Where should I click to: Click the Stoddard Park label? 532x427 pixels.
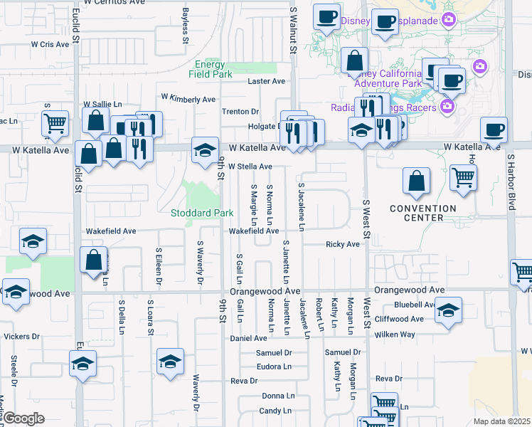203,213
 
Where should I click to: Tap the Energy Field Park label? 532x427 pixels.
213,69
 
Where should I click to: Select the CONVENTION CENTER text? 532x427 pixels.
422,213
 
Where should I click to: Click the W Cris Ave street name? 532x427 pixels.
50,44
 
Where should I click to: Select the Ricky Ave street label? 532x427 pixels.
343,244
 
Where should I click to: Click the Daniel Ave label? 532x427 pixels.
248,338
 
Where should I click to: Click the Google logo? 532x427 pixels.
23,418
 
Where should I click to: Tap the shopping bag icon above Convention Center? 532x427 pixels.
416,182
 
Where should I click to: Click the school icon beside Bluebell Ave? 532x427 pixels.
448,310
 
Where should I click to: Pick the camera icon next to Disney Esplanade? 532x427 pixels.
449,19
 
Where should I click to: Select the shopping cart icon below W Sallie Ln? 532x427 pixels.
55,124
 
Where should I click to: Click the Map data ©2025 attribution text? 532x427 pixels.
501,421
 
